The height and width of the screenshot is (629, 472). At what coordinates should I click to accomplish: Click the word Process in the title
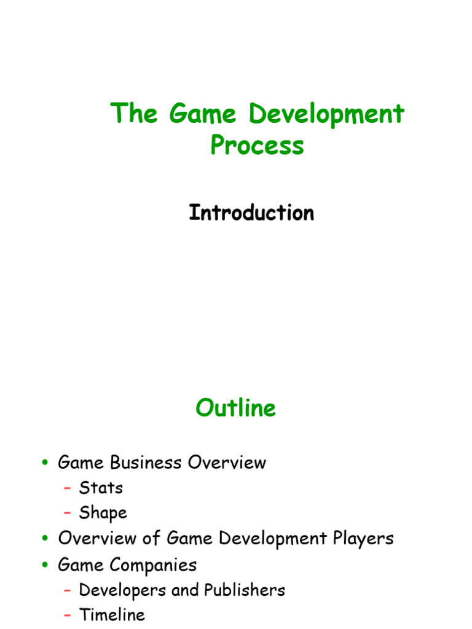click(x=257, y=146)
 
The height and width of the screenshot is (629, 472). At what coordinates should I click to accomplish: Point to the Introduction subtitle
click(x=251, y=213)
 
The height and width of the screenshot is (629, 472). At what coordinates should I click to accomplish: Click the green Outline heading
click(x=236, y=408)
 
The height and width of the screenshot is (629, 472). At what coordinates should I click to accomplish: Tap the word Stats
click(x=101, y=488)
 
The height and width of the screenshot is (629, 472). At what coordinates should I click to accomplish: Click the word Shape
click(x=103, y=513)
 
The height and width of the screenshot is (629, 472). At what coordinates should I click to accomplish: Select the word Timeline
click(x=112, y=615)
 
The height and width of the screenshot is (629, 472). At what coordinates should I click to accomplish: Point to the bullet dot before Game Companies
click(x=45, y=565)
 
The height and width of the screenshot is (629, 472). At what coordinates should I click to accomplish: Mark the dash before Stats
click(x=68, y=488)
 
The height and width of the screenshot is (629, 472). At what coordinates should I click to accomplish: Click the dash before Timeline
click(x=68, y=615)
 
